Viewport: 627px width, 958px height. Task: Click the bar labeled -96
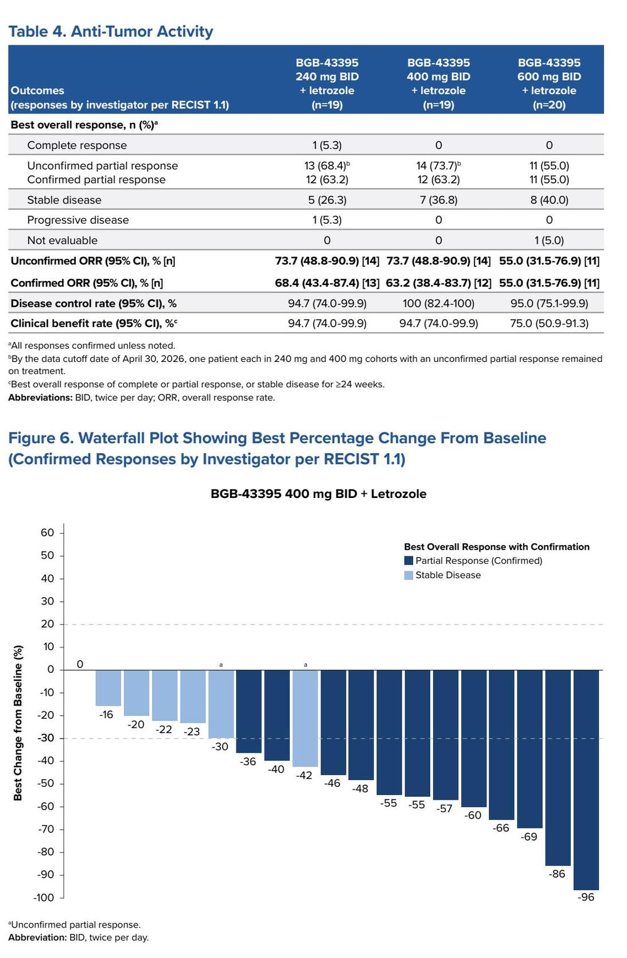[x=586, y=780]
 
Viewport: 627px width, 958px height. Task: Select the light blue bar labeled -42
[x=305, y=718]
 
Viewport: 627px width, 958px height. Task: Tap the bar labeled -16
[x=108, y=688]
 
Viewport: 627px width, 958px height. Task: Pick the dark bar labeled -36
[x=249, y=712]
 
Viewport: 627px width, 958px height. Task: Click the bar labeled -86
[x=558, y=768]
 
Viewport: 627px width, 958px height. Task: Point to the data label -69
[x=529, y=836]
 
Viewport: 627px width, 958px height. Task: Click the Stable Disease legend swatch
[x=408, y=575]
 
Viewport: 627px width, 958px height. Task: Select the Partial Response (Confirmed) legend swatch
[x=408, y=560]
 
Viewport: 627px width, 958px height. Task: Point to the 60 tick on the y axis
[x=48, y=533]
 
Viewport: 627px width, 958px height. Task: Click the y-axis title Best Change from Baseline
[x=18, y=723]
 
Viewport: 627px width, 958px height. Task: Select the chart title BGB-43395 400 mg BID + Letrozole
[x=318, y=494]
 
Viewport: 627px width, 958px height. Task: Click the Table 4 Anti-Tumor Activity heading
[x=111, y=31]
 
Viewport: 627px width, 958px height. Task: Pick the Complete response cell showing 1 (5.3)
[x=327, y=145]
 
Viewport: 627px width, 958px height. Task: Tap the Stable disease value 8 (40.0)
[x=549, y=200]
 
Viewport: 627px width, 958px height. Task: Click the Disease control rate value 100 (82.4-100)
[x=438, y=303]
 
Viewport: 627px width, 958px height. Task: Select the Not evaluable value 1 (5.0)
[x=549, y=240]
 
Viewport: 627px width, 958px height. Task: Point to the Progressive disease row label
[x=78, y=220]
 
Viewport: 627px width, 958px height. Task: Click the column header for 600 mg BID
[x=549, y=84]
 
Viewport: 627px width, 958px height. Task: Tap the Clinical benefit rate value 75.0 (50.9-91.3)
[x=549, y=324]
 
